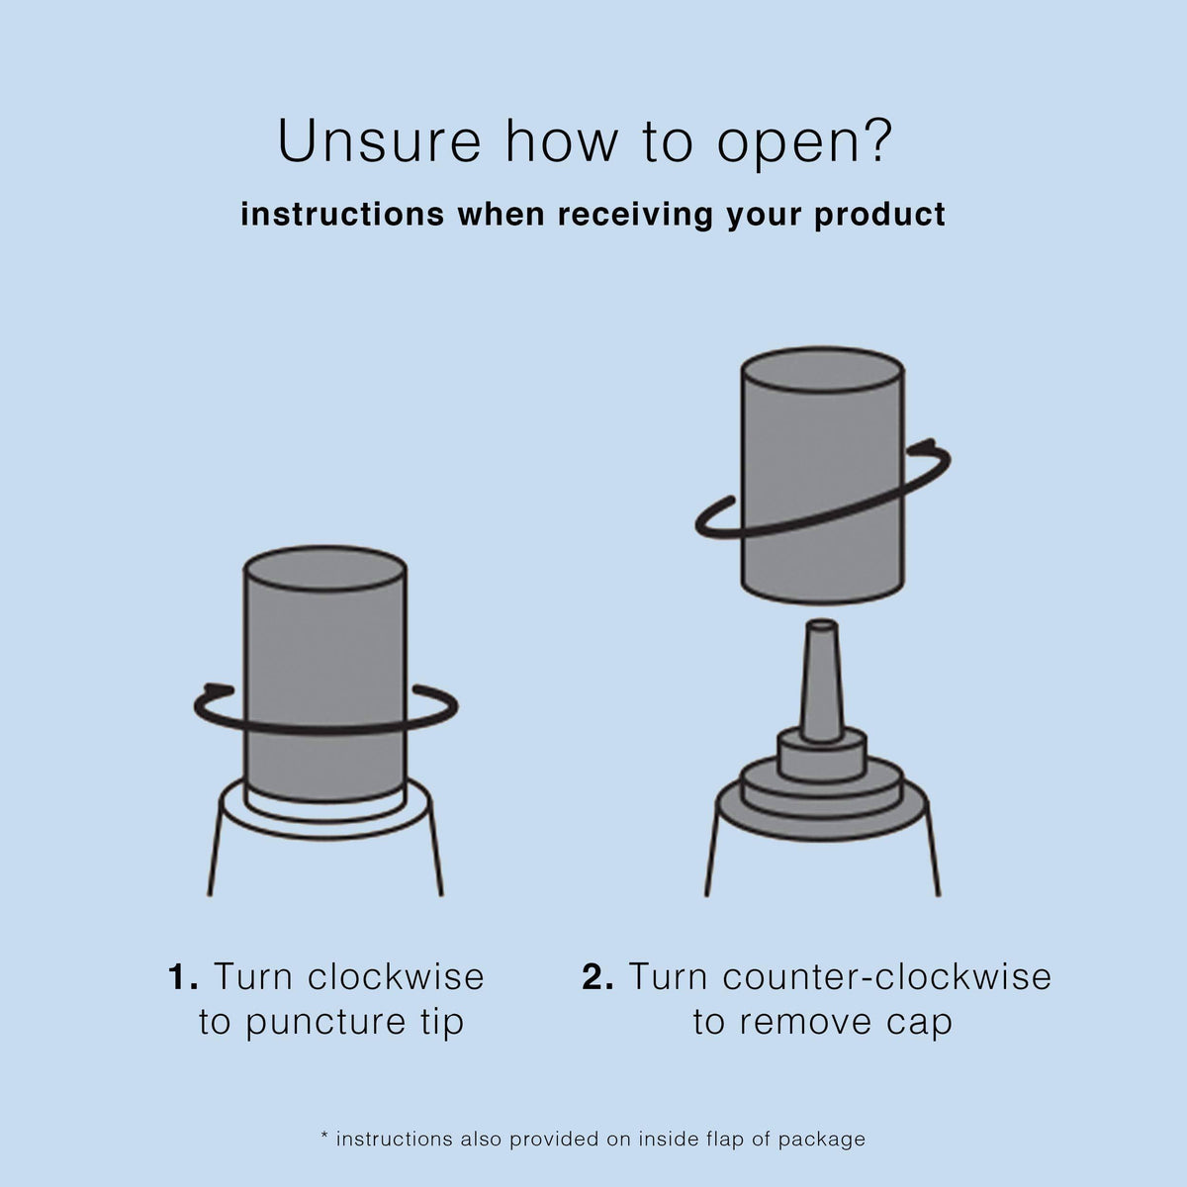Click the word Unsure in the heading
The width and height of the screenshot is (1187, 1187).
[x=379, y=140]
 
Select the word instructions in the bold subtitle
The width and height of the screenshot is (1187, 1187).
[x=342, y=215]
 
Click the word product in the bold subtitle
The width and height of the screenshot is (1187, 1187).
[x=879, y=216]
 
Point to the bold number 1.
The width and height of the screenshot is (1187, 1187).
[x=183, y=976]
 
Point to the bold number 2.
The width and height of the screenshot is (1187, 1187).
[x=597, y=976]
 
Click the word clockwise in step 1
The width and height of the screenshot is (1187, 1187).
[x=396, y=976]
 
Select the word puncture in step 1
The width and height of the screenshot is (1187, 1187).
[x=325, y=1022]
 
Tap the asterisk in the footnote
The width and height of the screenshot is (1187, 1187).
[x=324, y=1134]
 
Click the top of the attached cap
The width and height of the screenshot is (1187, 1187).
[x=324, y=568]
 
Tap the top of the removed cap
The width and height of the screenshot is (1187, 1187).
[x=822, y=369]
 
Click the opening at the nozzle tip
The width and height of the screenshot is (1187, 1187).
[x=822, y=626]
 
